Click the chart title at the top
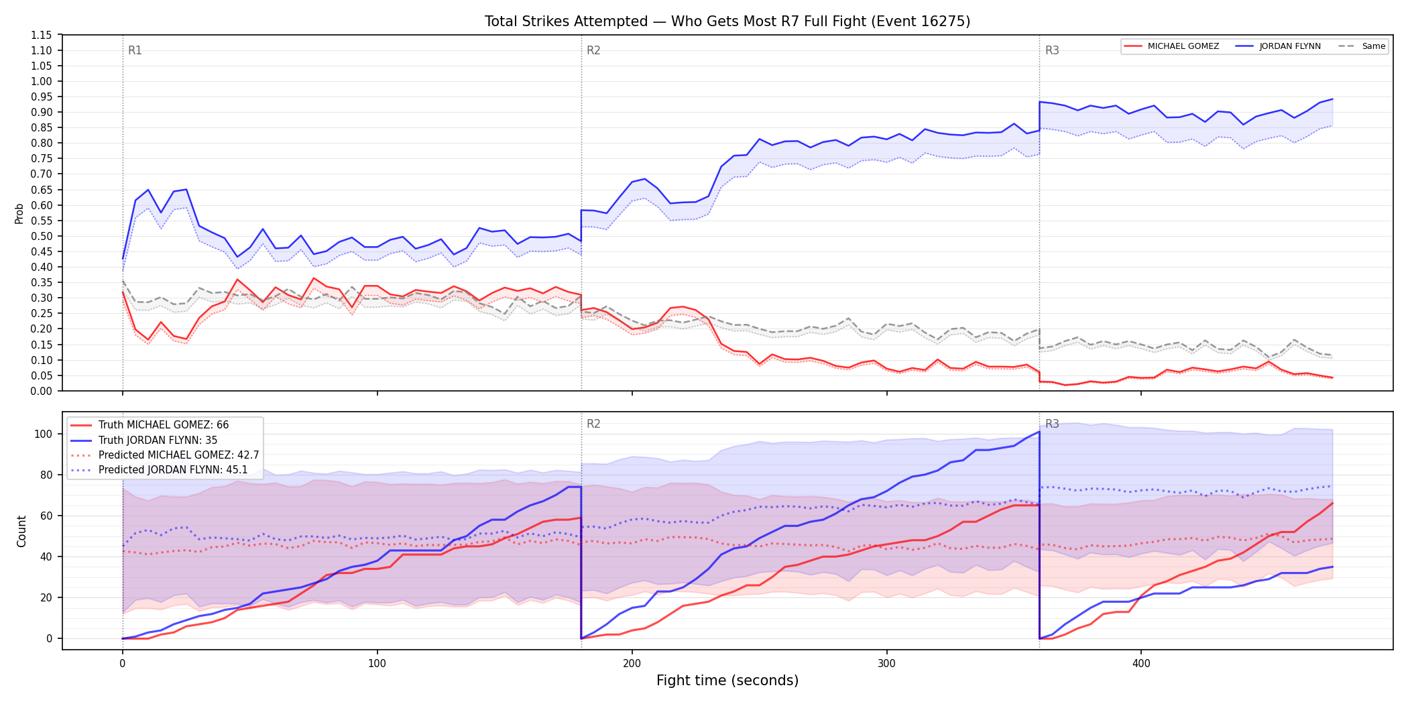727,21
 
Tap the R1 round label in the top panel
135,50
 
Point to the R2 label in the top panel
593,50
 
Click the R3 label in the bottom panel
1052,424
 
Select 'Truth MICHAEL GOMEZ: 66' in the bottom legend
164,425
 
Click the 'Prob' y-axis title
19,213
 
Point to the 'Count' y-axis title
21,531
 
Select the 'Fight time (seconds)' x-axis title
727,681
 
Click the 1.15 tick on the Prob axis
42,35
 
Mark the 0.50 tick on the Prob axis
42,236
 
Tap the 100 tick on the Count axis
44,434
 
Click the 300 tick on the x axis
886,664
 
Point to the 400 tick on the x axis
1141,664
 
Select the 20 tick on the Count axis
46,597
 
